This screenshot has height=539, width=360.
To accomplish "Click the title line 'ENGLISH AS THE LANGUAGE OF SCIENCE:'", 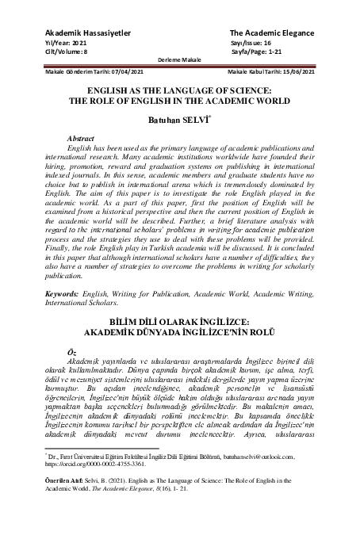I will (x=179, y=91).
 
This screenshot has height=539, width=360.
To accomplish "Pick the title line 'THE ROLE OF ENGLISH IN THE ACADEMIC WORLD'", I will (x=179, y=101).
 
